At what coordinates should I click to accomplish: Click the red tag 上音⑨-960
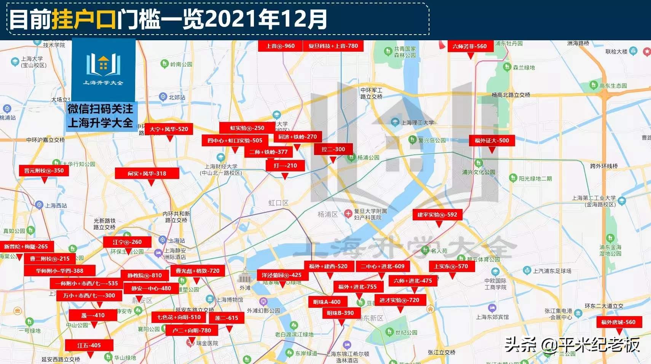pyautogui.click(x=280, y=46)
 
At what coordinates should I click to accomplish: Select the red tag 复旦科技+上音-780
pyautogui.click(x=333, y=46)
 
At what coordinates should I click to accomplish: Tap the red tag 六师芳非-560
pyautogui.click(x=469, y=46)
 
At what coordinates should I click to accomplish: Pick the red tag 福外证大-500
pyautogui.click(x=491, y=141)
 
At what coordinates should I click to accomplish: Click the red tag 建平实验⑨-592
pyautogui.click(x=437, y=215)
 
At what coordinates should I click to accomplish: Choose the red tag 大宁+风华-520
pyautogui.click(x=169, y=129)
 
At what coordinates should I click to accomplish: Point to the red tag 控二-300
pyautogui.click(x=333, y=149)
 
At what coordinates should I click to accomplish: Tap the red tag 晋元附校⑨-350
pyautogui.click(x=44, y=171)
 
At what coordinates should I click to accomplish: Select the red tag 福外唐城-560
pyautogui.click(x=618, y=322)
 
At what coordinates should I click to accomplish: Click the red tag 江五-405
pyautogui.click(x=89, y=345)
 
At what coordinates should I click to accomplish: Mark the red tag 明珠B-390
pyautogui.click(x=340, y=313)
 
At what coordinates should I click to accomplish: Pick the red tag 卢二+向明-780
pyautogui.click(x=191, y=331)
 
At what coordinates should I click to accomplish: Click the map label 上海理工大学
pyautogui.click(x=417, y=122)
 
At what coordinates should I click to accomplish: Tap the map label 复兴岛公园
pyautogui.click(x=432, y=140)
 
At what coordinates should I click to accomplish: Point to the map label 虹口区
pyautogui.click(x=278, y=203)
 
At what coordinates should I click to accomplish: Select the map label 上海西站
pyautogui.click(x=56, y=206)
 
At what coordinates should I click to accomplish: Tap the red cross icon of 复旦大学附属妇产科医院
pyautogui.click(x=348, y=214)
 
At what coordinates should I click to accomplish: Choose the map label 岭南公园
pyautogui.click(x=181, y=64)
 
